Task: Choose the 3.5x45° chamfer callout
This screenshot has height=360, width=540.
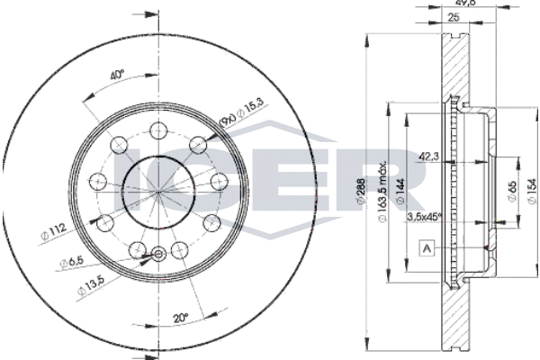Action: (x=426, y=216)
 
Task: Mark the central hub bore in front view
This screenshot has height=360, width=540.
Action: (x=158, y=191)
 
